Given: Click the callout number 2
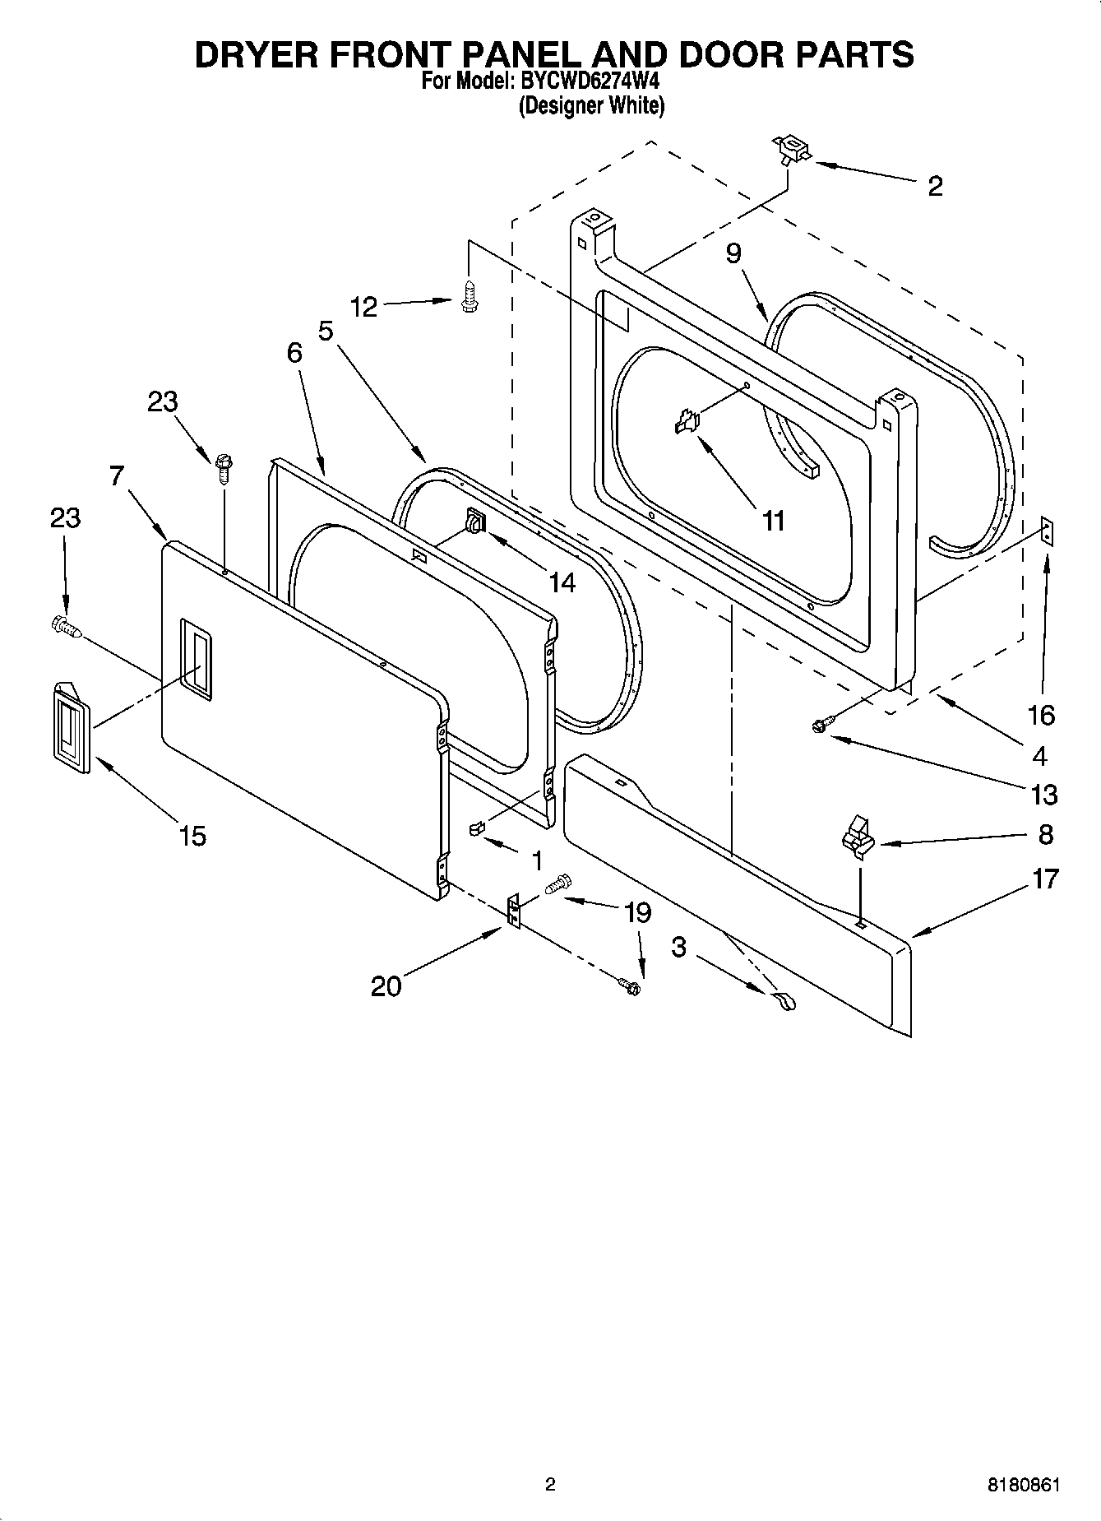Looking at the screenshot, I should [x=935, y=187].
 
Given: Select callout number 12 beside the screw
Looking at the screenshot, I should [x=363, y=308].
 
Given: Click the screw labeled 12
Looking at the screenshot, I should [x=470, y=296].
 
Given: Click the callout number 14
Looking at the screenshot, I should [x=562, y=582].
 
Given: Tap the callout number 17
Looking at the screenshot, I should [x=1045, y=879].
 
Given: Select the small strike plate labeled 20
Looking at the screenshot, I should [x=513, y=911].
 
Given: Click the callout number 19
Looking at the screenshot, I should [x=637, y=912].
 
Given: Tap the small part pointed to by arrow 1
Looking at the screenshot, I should [x=475, y=828].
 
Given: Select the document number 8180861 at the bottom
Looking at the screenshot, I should [x=1023, y=1486].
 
